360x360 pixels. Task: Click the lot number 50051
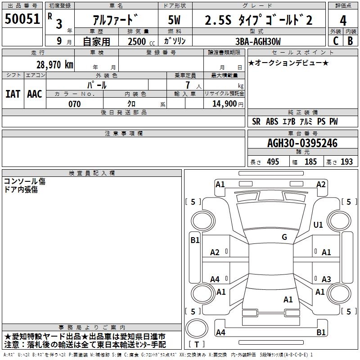pyautogui.click(x=22, y=19)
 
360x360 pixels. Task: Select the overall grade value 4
pyautogui.click(x=343, y=21)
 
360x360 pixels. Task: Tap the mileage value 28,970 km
pyautogui.click(x=55, y=65)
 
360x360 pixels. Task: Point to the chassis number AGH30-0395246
pyautogui.click(x=302, y=143)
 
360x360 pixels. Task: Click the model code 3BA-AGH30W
pyautogui.click(x=258, y=41)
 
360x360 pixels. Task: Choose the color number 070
pyautogui.click(x=74, y=104)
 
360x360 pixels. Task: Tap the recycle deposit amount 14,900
pyautogui.click(x=224, y=104)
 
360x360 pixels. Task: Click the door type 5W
pyautogui.click(x=174, y=20)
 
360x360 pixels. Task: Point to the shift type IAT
pyautogui.click(x=13, y=94)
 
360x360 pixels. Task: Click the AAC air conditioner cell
pyautogui.click(x=35, y=94)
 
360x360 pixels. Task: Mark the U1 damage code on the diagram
pyautogui.click(x=318, y=225)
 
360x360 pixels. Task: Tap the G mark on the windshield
pyautogui.click(x=284, y=237)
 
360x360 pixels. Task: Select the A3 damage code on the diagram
pyautogui.click(x=326, y=279)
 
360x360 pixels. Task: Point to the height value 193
pyautogui.click(x=346, y=162)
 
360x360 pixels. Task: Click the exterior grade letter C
pyautogui.click(x=336, y=41)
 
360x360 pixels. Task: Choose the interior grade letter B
pyautogui.click(x=351, y=41)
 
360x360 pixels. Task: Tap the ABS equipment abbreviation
pyautogui.click(x=272, y=121)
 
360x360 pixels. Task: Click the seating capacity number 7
pyautogui.click(x=188, y=85)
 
